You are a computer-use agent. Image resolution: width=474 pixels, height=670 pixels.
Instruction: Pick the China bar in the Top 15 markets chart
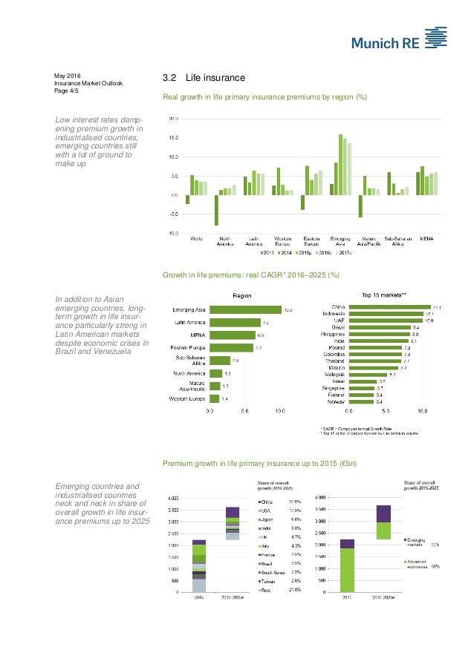[x=393, y=306]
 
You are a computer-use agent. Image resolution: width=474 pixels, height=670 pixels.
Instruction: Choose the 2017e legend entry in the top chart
[x=342, y=253]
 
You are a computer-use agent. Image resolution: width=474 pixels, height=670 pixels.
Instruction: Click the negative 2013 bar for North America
[x=216, y=210]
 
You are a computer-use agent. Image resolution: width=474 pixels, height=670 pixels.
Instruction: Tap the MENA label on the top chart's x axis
[x=428, y=239]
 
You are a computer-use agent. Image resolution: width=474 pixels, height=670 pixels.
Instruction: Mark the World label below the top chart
[x=196, y=239]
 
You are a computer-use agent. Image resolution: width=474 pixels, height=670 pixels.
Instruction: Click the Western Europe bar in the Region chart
[x=215, y=399]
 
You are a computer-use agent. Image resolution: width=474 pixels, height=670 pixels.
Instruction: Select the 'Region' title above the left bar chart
[x=241, y=295]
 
